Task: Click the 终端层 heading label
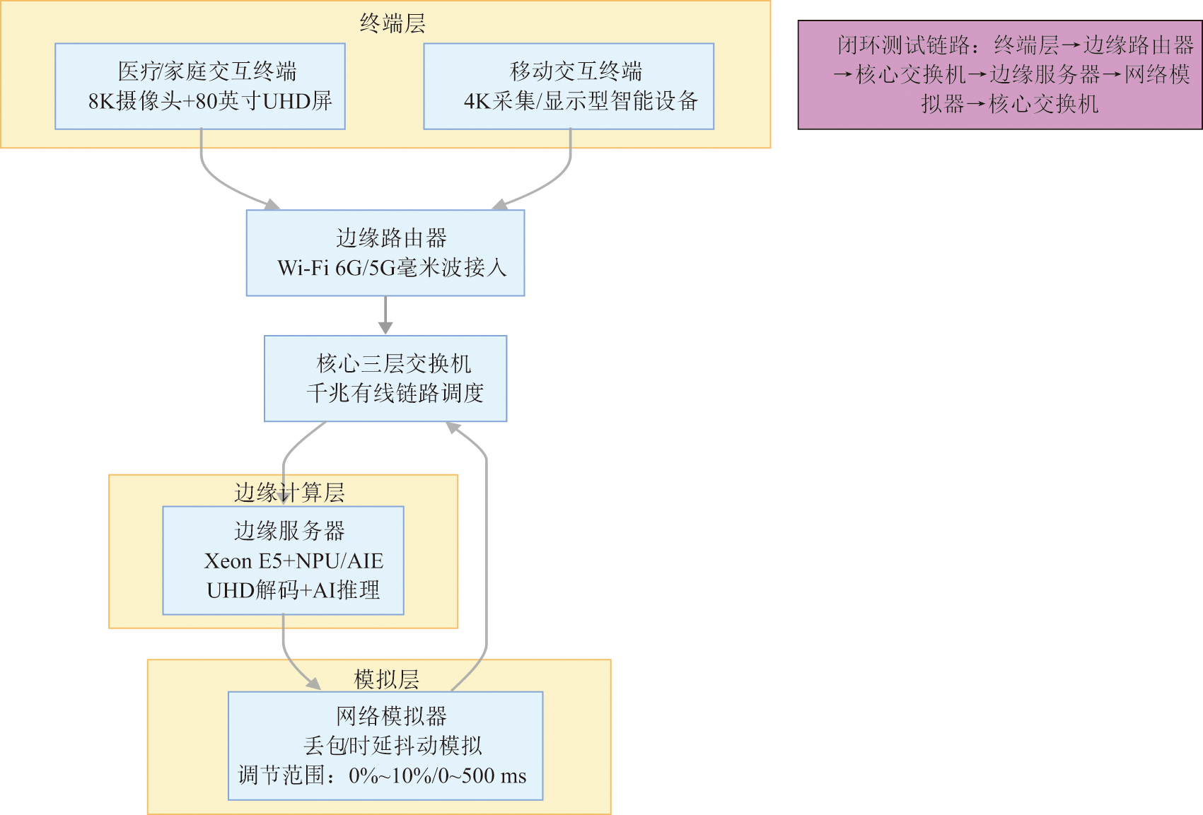pos(393,23)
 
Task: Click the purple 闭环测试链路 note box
pos(1000,75)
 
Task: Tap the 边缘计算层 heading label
pos(289,492)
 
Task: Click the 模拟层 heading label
pos(386,679)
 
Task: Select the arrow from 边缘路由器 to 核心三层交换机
pos(385,315)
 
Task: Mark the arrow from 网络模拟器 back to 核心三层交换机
pos(487,551)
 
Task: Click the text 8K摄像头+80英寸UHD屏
pos(210,101)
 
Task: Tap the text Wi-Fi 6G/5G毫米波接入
pos(392,268)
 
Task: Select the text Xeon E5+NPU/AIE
pos(294,561)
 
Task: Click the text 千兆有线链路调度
pos(395,393)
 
